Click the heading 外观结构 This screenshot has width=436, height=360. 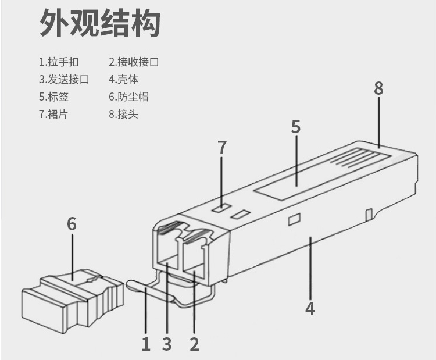point(99,23)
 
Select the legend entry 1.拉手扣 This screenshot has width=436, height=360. point(59,62)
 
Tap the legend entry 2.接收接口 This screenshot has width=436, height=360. point(134,62)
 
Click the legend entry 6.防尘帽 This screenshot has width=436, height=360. point(128,97)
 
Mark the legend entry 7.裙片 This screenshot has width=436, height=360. point(54,114)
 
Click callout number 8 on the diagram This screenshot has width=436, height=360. point(378,88)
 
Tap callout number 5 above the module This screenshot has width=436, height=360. point(296,127)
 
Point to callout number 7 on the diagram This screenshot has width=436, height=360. point(222,148)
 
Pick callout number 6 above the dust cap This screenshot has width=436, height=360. point(72,224)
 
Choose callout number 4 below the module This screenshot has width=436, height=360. point(310,308)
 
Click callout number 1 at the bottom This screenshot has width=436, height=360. point(146,344)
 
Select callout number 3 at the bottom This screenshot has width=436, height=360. point(167,344)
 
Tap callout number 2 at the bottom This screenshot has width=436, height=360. point(194,344)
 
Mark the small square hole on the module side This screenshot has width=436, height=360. point(293,220)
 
